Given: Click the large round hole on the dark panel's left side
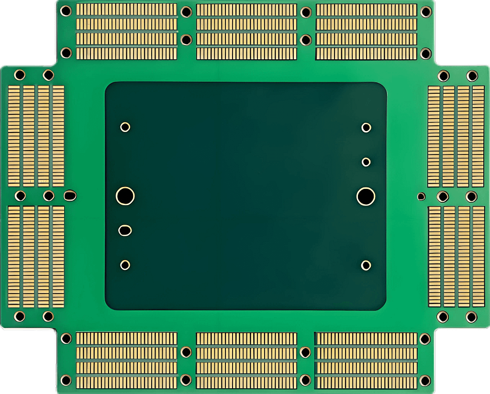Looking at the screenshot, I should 125,196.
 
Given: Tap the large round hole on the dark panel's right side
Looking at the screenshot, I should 366,196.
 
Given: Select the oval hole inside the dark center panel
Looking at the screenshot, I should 125,230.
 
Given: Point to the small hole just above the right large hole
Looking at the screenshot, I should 366,162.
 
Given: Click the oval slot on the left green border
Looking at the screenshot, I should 70,195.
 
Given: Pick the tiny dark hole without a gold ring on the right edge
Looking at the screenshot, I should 421,196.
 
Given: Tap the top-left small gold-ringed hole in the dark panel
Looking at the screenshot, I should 125,127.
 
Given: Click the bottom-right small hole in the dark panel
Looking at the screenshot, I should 366,265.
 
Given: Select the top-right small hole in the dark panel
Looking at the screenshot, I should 366,127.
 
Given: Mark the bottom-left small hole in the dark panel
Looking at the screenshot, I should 125,264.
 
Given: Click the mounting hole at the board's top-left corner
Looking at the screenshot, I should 66,11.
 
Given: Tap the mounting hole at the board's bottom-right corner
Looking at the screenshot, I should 425,381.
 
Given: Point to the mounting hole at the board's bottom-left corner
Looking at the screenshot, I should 66,381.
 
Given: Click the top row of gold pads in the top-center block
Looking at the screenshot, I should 246,10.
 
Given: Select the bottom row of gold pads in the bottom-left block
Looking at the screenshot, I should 126,382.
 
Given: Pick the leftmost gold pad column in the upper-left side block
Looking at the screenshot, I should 14,136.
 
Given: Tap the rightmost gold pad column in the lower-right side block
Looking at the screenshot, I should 478,256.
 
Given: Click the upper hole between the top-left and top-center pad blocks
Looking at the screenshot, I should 186,11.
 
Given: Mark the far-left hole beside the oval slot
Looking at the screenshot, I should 20,196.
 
